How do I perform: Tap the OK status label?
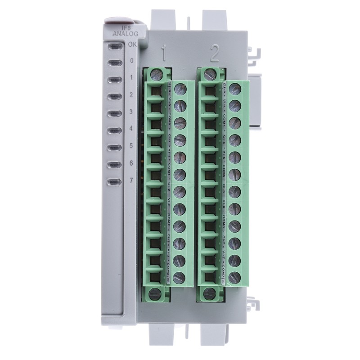131,44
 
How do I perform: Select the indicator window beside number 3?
115,113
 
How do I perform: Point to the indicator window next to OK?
115,45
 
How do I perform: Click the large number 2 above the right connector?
214,54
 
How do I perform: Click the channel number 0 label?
131,61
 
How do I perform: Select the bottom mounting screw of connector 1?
156,294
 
